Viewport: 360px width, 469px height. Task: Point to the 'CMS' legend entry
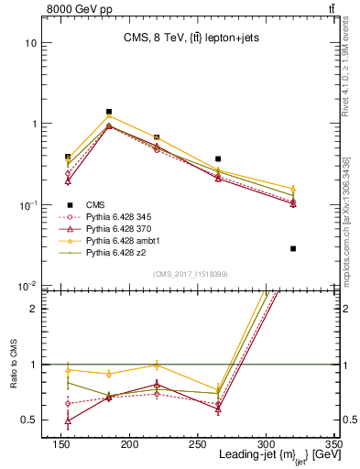[93, 205]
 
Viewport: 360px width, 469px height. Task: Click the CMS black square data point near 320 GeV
[293, 248]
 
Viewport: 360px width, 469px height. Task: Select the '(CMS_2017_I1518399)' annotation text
[190, 273]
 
